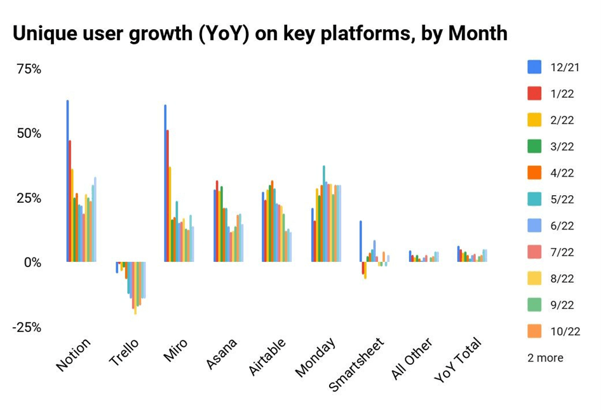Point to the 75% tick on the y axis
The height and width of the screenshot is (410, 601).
point(29,69)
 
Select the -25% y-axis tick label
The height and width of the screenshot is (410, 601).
point(27,327)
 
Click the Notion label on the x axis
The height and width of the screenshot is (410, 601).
point(74,354)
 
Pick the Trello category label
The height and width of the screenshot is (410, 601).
point(124,352)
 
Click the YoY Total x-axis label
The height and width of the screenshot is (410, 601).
point(458,359)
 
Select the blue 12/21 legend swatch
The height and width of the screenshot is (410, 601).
point(534,67)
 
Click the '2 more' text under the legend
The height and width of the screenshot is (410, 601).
point(545,358)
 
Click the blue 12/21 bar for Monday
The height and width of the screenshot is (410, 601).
point(312,235)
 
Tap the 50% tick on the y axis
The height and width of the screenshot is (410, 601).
point(29,133)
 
